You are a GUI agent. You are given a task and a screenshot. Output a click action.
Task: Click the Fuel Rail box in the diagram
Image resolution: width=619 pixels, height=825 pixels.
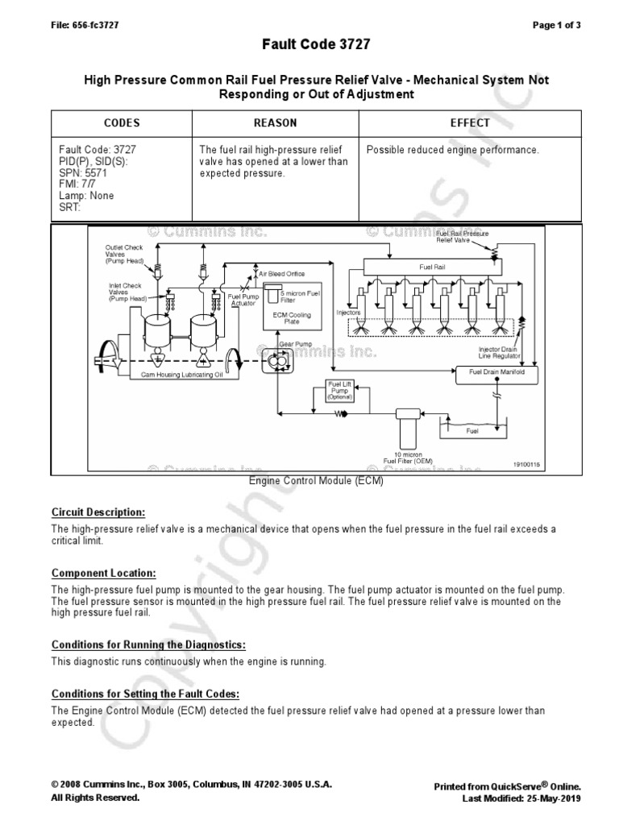[x=426, y=265]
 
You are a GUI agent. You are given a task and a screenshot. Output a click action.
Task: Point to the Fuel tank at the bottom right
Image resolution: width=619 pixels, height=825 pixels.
[x=472, y=431]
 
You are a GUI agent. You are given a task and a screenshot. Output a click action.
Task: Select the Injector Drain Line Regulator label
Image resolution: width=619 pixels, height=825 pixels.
[x=500, y=352]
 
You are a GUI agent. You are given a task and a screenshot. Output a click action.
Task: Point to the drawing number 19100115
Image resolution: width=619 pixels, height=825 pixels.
[x=526, y=465]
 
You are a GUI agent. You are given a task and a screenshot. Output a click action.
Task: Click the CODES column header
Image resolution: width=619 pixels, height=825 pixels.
[x=122, y=123]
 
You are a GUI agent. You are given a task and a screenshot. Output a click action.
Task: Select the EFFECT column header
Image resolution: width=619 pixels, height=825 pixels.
[x=470, y=123]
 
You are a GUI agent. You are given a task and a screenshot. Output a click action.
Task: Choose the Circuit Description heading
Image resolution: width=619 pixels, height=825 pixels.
[x=98, y=512]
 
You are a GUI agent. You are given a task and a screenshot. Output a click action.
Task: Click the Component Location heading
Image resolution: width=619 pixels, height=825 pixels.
[x=104, y=573]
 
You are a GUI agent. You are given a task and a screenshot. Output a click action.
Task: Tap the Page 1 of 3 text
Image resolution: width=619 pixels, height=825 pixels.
[x=557, y=25]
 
